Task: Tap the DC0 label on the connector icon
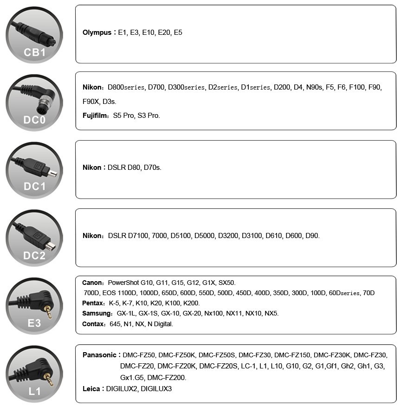pos(34,120)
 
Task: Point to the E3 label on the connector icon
pos(34,322)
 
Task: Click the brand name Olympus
pos(97,33)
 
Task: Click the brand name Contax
pos(93,324)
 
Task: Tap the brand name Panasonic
pos(99,355)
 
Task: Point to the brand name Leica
pos(91,389)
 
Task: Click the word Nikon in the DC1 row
pos(91,168)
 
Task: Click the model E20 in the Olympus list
pos(164,33)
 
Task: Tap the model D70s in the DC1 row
pos(153,168)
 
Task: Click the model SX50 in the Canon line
pos(227,283)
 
